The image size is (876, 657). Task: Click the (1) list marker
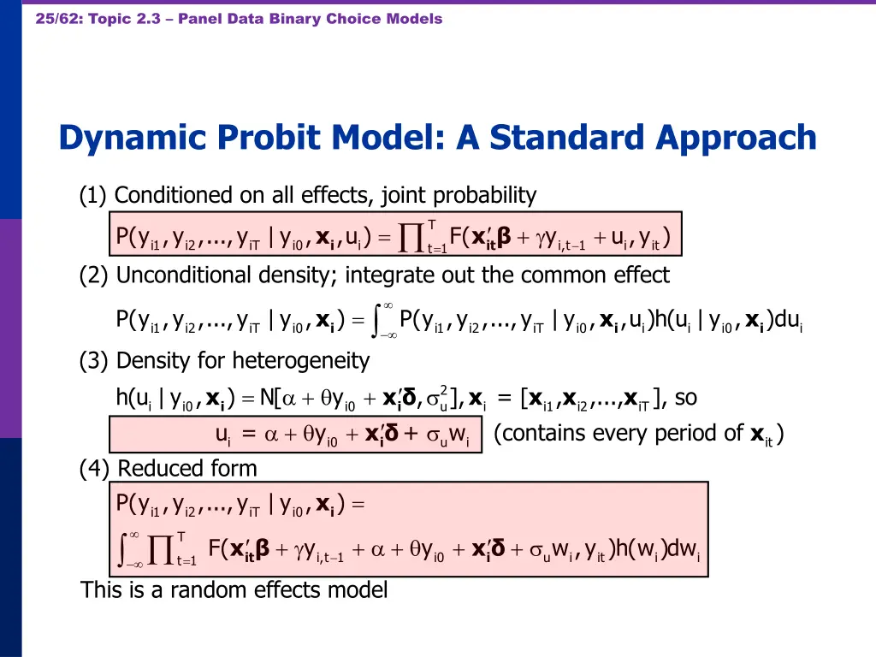(93, 196)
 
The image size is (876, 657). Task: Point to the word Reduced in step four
(155, 469)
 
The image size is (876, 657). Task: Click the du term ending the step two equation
(788, 323)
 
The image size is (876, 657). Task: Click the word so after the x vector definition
(686, 398)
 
